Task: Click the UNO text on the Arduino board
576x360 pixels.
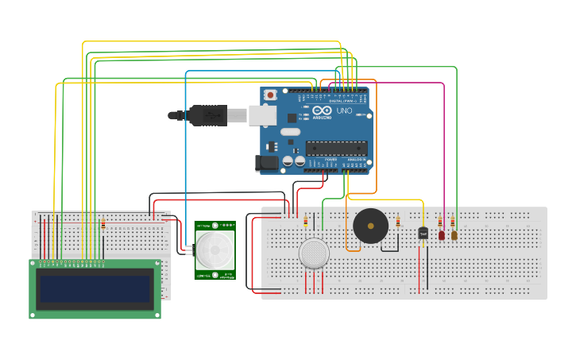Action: pyautogui.click(x=345, y=111)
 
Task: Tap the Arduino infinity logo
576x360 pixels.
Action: pyautogui.click(x=319, y=111)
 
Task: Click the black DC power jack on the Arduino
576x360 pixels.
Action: pyautogui.click(x=268, y=164)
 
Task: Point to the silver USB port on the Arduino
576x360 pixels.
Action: pyautogui.click(x=263, y=116)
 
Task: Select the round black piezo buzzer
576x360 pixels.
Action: pyautogui.click(x=370, y=226)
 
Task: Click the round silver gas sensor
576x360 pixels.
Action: pyautogui.click(x=314, y=254)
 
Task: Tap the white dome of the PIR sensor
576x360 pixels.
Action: pyautogui.click(x=215, y=250)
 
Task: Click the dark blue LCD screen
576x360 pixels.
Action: pyautogui.click(x=95, y=289)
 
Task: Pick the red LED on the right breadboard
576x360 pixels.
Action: pyautogui.click(x=442, y=235)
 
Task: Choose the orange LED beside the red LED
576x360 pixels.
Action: pyautogui.click(x=454, y=235)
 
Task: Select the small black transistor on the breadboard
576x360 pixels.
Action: pyautogui.click(x=423, y=233)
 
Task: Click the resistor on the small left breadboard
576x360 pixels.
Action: pyautogui.click(x=102, y=224)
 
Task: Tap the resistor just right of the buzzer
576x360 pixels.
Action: pyautogui.click(x=397, y=223)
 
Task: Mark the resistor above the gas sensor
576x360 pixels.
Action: pyautogui.click(x=306, y=223)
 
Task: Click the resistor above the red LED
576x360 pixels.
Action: pyautogui.click(x=440, y=223)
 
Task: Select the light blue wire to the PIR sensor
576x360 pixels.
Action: pyautogui.click(x=186, y=159)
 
